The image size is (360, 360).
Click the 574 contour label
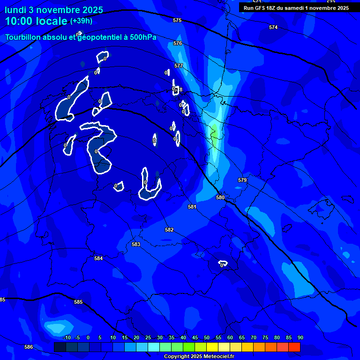[273, 27]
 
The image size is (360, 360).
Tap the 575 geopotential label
[177, 20]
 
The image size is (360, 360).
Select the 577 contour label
[178, 66]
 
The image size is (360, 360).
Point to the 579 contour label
[242, 180]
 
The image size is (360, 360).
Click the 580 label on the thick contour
[220, 198]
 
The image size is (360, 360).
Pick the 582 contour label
[169, 230]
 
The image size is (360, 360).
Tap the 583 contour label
[136, 244]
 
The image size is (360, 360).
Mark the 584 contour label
[98, 258]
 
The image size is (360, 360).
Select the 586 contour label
[29, 347]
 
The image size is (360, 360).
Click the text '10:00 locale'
[36, 21]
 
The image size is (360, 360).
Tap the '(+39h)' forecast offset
[81, 21]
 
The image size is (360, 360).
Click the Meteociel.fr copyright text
[199, 356]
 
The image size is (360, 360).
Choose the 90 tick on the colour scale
[300, 337]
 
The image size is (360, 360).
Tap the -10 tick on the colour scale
[67, 337]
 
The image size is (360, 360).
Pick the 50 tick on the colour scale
[207, 337]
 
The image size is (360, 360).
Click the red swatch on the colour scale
[294, 347]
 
